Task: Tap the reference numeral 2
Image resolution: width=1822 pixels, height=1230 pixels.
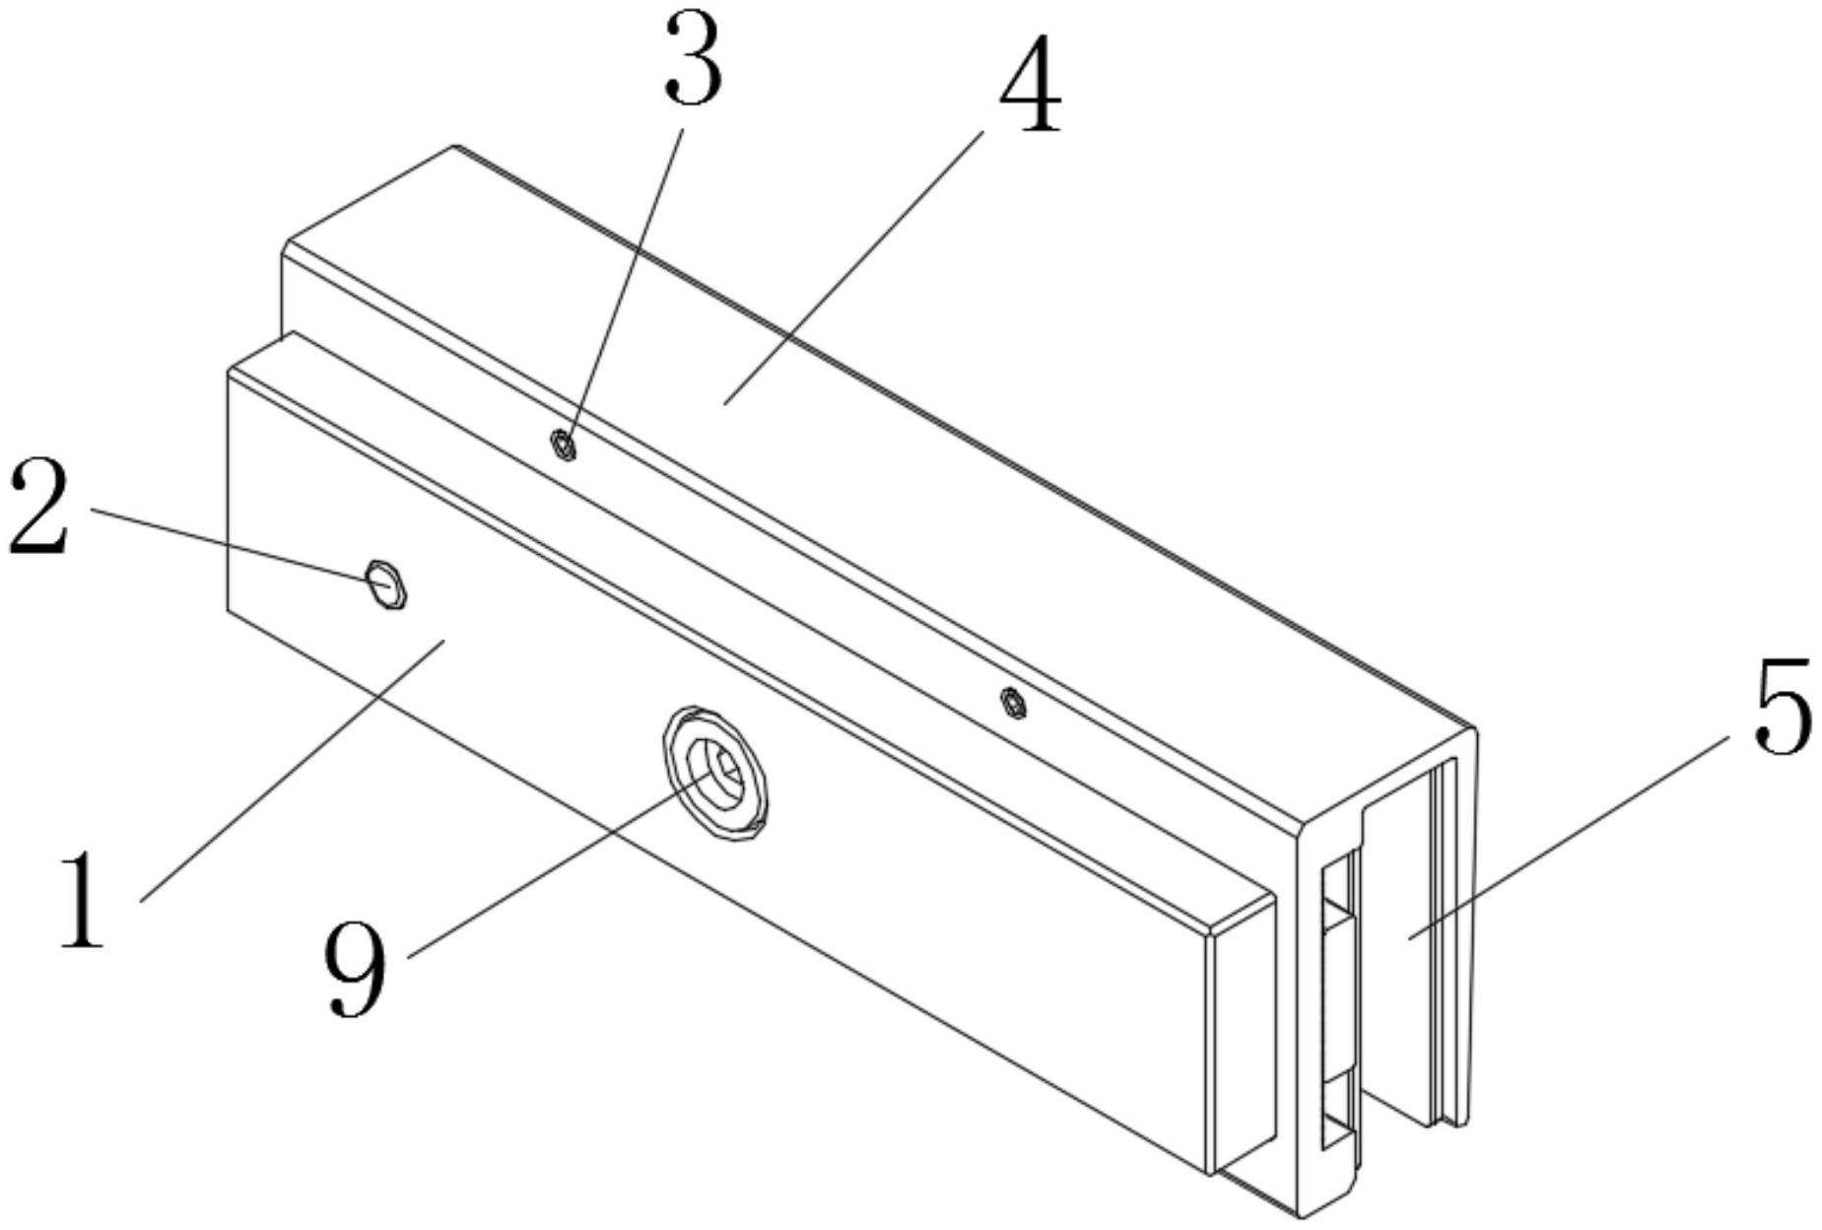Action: pos(39,508)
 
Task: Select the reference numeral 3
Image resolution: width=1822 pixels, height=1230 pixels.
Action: pos(693,61)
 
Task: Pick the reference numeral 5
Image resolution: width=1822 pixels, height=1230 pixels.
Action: pos(1782,707)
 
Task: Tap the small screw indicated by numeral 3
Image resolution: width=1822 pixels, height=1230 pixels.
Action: pos(563,446)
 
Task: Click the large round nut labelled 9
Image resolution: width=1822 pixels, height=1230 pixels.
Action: pos(715,775)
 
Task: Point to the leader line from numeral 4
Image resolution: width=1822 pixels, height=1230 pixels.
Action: pos(852,266)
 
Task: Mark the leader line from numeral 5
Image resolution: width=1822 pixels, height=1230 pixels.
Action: pos(1567,838)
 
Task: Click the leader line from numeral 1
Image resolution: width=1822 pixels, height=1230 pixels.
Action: pos(296,769)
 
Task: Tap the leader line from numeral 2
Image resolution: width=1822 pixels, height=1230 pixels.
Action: pos(236,545)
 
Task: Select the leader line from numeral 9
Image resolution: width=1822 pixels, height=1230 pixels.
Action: pos(552,867)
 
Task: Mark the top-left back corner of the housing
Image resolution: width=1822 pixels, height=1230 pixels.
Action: pos(455,148)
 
